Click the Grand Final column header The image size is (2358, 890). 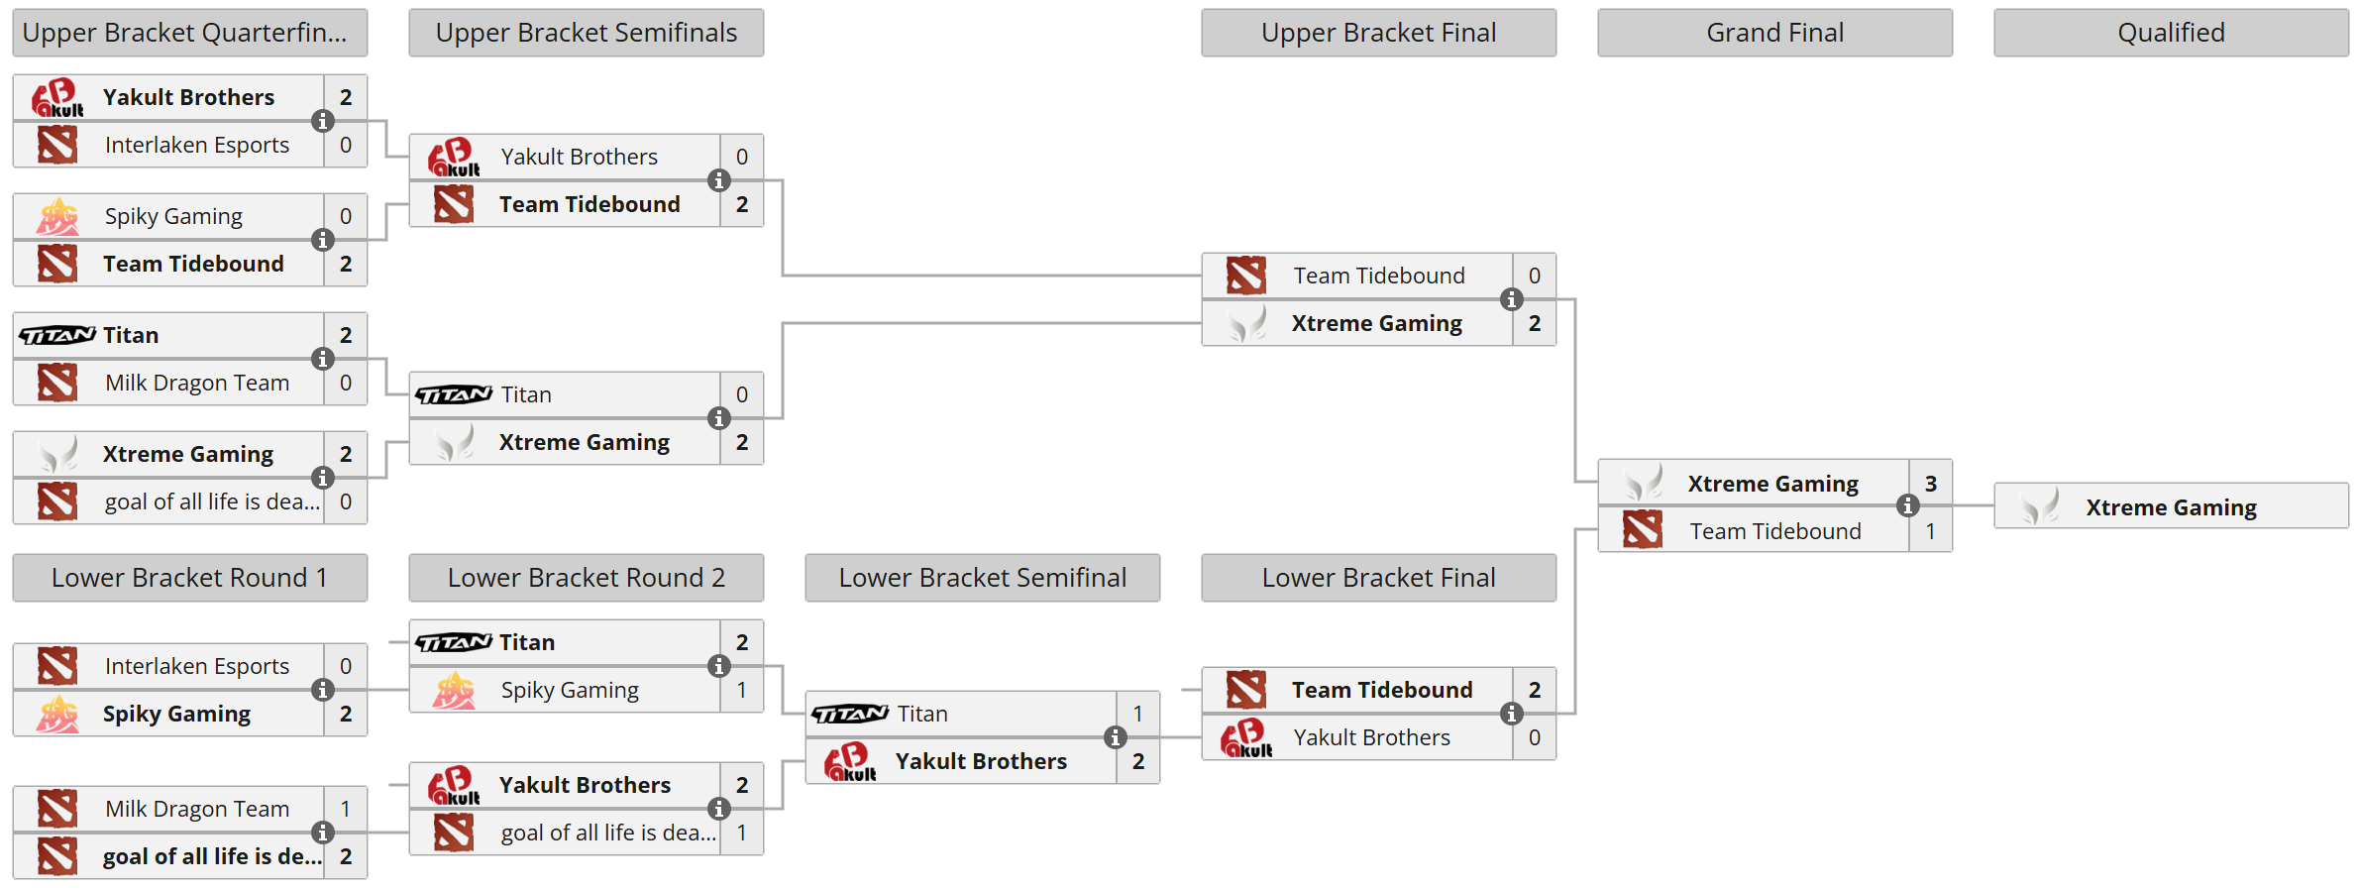pyautogui.click(x=1774, y=33)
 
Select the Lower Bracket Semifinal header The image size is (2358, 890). pyautogui.click(x=982, y=578)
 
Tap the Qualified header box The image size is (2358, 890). pyautogui.click(x=2171, y=33)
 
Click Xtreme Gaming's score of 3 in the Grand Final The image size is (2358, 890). pyautogui.click(x=1930, y=484)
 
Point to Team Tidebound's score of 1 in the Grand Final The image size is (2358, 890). pyautogui.click(x=1930, y=531)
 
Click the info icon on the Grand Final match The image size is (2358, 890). pyautogui.click(x=1908, y=505)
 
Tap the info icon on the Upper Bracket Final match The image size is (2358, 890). pyautogui.click(x=1512, y=299)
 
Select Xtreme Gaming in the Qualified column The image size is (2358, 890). pyautogui.click(x=2171, y=507)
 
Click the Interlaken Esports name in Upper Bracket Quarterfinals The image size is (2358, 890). pyautogui.click(x=197, y=145)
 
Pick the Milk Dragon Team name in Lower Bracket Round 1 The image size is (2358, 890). pyautogui.click(x=197, y=809)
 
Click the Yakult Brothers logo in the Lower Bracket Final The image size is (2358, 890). pyautogui.click(x=1246, y=737)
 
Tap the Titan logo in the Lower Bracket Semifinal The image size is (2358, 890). pyautogui.click(x=850, y=714)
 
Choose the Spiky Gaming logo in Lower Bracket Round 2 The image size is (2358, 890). pyautogui.click(x=454, y=690)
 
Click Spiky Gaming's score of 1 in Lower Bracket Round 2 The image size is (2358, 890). pyautogui.click(x=741, y=690)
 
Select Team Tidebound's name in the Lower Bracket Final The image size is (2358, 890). pyautogui.click(x=1382, y=690)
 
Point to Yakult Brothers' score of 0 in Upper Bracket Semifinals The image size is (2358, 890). pyautogui.click(x=741, y=157)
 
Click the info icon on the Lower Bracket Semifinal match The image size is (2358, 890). pyautogui.click(x=1116, y=737)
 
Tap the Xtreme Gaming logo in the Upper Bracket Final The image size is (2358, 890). pyautogui.click(x=1246, y=323)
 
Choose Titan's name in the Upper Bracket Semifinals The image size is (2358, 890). pyautogui.click(x=526, y=394)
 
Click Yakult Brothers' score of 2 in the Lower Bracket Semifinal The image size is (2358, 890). pyautogui.click(x=1137, y=761)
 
